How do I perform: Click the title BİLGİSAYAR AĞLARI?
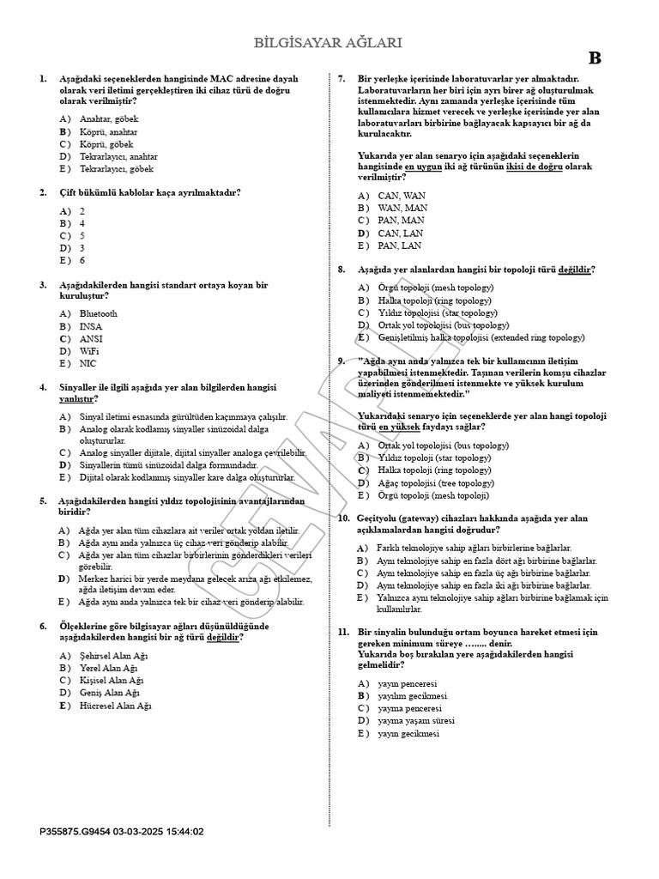pyautogui.click(x=329, y=43)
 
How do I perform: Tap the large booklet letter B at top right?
pyautogui.click(x=595, y=58)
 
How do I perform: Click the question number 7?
pyautogui.click(x=341, y=78)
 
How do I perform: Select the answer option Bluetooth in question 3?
pyautogui.click(x=99, y=314)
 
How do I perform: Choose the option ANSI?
pyautogui.click(x=91, y=339)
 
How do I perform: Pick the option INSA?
pyautogui.click(x=91, y=327)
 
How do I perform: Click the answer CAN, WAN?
pyautogui.click(x=402, y=196)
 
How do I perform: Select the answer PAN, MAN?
pyautogui.click(x=402, y=221)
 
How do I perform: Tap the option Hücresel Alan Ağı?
pyautogui.click(x=115, y=706)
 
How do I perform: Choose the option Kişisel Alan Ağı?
pyautogui.click(x=112, y=682)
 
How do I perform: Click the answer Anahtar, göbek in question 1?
pyautogui.click(x=109, y=119)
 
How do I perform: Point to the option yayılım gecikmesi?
pyautogui.click(x=412, y=696)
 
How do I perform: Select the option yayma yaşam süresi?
pyautogui.click(x=416, y=721)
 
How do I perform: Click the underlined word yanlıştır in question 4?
pyautogui.click(x=76, y=399)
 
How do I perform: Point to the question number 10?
pyautogui.click(x=342, y=518)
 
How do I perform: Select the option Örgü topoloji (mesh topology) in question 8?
pyautogui.click(x=436, y=288)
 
